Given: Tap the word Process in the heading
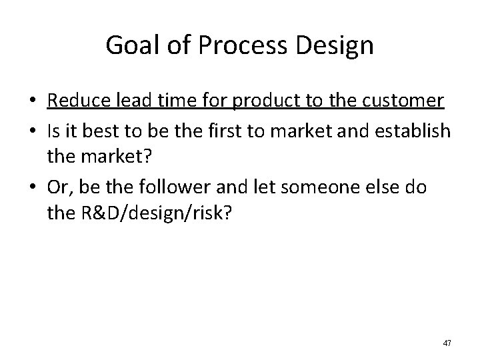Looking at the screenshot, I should [228, 46].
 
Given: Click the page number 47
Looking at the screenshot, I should [447, 343].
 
